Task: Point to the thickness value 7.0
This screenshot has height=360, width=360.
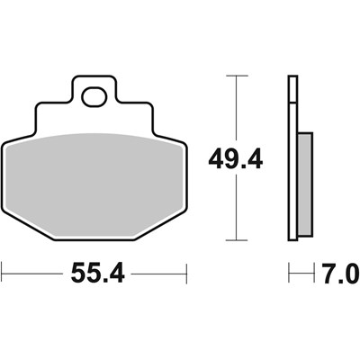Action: pos(337,270)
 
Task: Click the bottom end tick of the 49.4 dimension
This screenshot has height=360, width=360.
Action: pos(236,241)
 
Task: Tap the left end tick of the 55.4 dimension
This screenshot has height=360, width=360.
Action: pos(3,270)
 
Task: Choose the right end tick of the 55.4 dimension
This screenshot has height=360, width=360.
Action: pos(184,270)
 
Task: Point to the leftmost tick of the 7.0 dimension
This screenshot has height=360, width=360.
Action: pos(289,270)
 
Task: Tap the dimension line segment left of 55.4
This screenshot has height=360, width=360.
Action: pos(31,270)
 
